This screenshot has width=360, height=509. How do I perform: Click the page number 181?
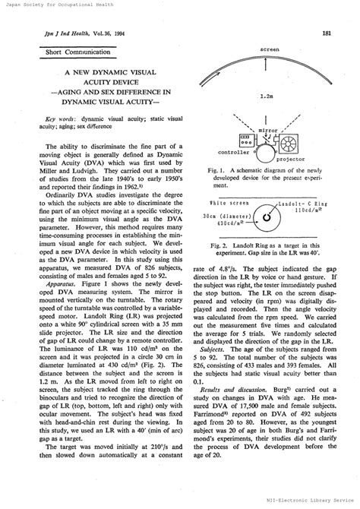325,33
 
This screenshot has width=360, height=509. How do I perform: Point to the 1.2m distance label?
266,96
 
